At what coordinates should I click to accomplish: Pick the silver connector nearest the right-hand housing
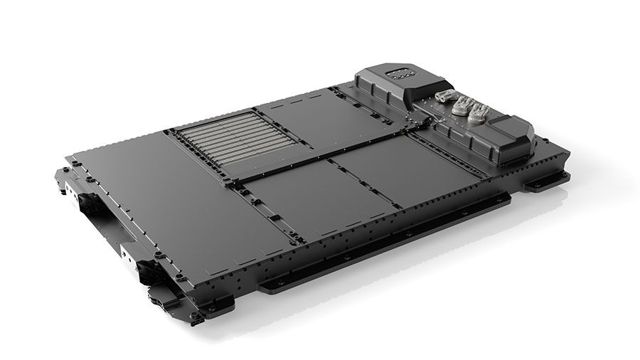click(x=479, y=112)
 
